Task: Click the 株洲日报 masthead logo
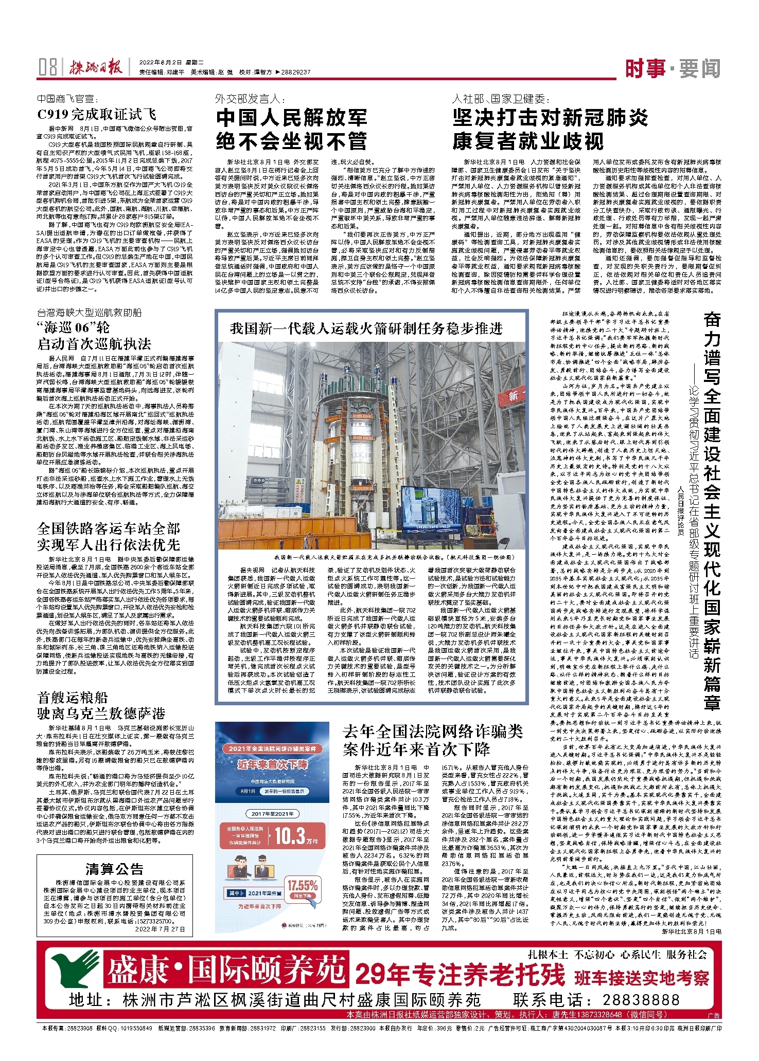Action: coord(96,67)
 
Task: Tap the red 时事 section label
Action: coord(645,68)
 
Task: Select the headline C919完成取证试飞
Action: coord(96,114)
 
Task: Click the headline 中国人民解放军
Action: coord(291,118)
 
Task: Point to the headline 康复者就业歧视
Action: coord(528,141)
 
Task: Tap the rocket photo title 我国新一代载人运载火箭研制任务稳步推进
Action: coord(366,328)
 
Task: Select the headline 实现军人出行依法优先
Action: coord(109,544)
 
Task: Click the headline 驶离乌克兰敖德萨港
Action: coord(101,713)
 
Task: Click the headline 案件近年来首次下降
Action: coord(416,749)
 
